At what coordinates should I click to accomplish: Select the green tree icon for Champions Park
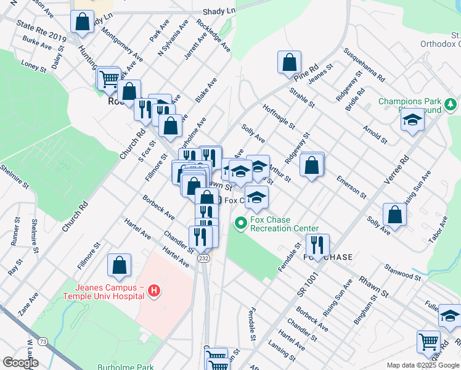tap(451, 102)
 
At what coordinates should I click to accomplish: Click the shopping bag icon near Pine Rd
tap(289, 62)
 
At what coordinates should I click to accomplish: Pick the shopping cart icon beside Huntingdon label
tap(108, 78)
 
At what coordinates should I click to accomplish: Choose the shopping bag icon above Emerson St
tap(312, 165)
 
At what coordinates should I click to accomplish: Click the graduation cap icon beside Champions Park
tap(412, 119)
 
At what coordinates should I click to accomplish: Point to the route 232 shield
tap(204, 259)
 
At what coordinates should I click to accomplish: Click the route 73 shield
tap(43, 342)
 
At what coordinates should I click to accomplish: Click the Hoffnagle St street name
tap(279, 115)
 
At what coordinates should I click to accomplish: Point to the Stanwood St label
tap(401, 271)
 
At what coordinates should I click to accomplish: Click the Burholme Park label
tap(125, 367)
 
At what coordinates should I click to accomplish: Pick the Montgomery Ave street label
tap(122, 44)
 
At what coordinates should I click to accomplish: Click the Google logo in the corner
tap(20, 362)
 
